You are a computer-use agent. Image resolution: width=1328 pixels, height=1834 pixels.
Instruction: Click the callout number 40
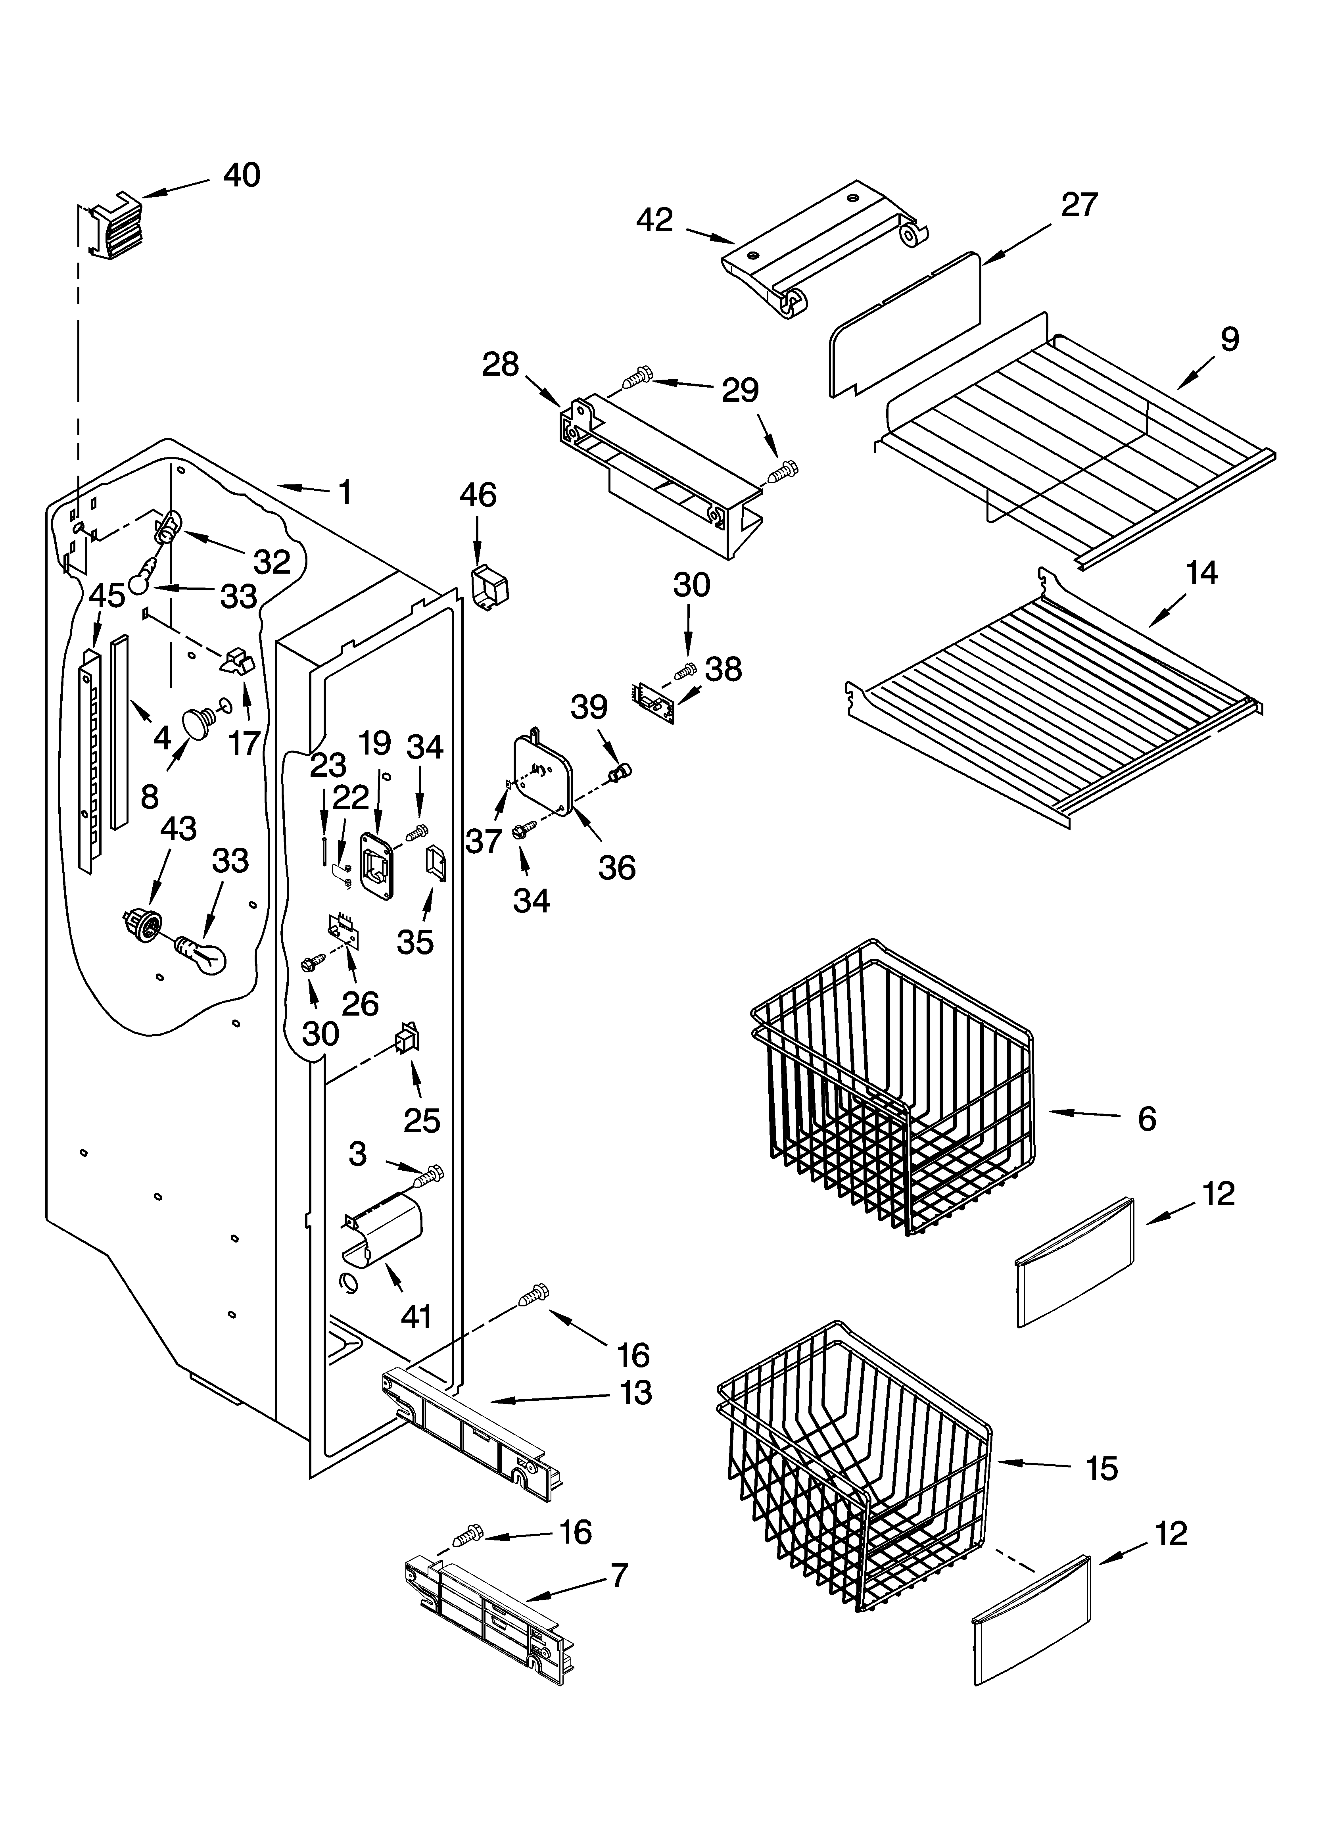pyautogui.click(x=241, y=175)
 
